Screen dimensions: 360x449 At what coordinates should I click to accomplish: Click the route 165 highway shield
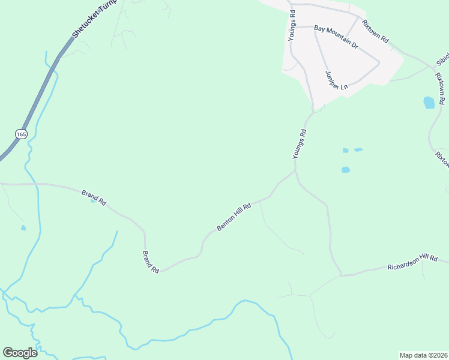coord(22,134)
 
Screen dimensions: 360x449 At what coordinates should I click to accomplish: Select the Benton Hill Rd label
coord(233,217)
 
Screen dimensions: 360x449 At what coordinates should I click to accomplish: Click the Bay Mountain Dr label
coord(336,37)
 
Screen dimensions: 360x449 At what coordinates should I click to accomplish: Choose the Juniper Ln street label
coord(337,80)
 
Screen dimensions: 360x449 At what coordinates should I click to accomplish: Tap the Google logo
coord(20,352)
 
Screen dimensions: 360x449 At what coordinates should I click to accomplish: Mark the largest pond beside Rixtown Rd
coord(429,102)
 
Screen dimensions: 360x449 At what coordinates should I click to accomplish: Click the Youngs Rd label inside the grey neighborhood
coord(292,25)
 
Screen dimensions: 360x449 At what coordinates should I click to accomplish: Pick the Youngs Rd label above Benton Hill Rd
coord(300,144)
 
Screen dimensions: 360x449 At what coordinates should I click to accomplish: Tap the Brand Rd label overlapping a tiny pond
coord(94,198)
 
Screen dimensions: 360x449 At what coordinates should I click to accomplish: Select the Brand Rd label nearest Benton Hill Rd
coord(150,263)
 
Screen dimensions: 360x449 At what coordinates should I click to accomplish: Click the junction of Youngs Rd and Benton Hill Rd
coord(295,171)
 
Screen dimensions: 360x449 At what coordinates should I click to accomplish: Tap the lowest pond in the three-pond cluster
coord(345,170)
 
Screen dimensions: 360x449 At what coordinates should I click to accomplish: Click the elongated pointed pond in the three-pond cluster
coord(358,149)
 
